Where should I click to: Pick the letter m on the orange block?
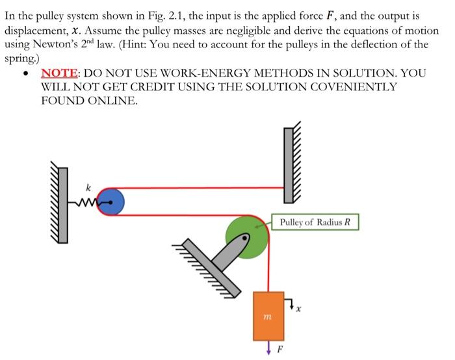point(266,316)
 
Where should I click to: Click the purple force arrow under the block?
point(268,350)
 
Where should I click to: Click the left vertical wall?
point(64,203)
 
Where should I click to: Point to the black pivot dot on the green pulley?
point(245,238)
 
